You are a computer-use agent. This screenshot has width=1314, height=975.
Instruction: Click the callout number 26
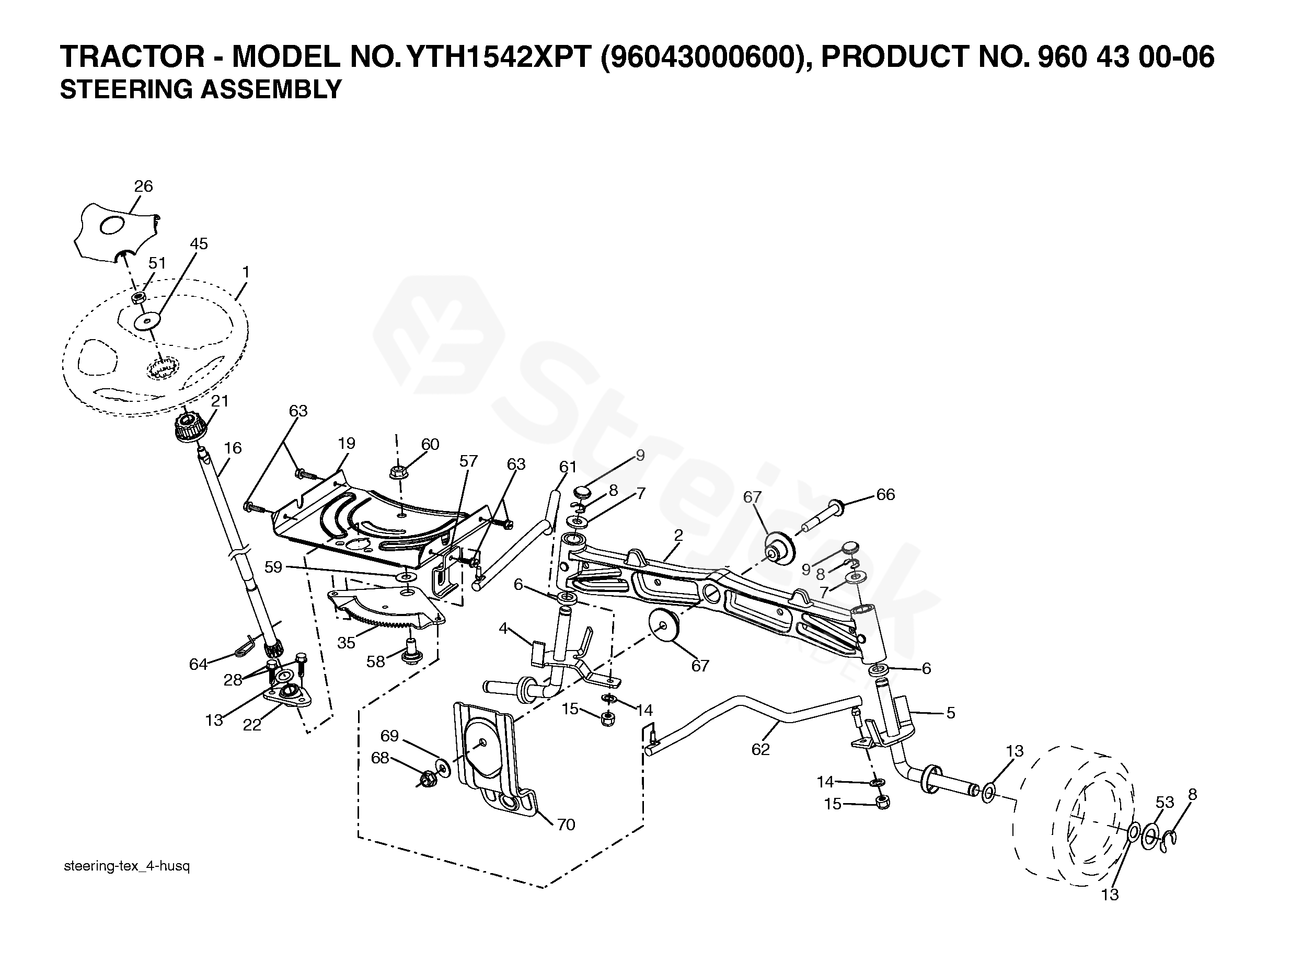click(143, 187)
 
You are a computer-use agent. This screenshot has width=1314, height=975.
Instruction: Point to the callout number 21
click(220, 401)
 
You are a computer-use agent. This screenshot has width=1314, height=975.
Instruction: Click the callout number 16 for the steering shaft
click(233, 448)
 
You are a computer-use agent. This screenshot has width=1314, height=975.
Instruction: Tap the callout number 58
click(375, 661)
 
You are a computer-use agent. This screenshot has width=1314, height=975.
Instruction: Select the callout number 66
click(885, 495)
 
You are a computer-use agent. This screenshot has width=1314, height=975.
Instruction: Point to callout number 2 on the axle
click(678, 535)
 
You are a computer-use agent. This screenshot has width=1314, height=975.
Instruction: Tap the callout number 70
click(566, 825)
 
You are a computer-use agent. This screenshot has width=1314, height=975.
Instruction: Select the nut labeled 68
click(426, 781)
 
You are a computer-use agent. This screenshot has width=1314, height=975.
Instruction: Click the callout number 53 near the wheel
click(1165, 802)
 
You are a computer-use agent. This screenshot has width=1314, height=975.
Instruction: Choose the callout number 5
click(950, 713)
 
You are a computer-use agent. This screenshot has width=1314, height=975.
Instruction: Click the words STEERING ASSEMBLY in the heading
click(201, 90)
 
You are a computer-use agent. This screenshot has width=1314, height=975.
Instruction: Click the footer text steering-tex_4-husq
click(126, 866)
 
